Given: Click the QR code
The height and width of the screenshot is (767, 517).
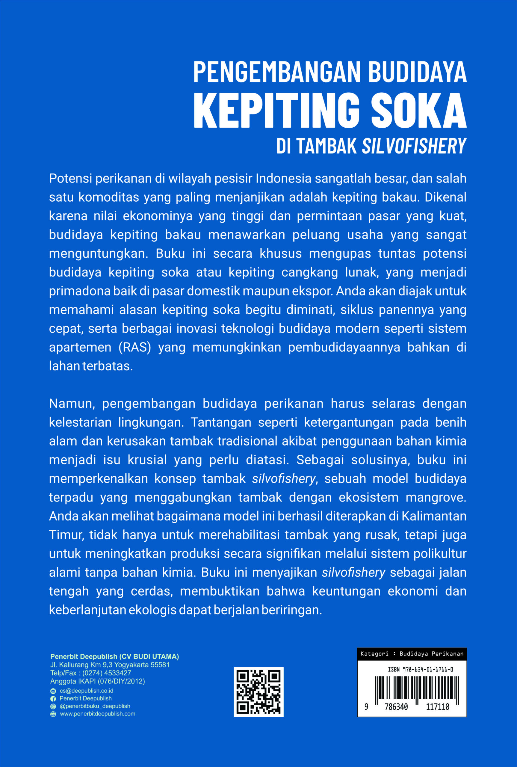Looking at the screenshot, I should pos(258,692).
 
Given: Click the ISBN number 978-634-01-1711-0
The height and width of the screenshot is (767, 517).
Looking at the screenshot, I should pos(420,669).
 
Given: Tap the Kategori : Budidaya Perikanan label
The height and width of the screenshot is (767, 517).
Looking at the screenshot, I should pos(412,653).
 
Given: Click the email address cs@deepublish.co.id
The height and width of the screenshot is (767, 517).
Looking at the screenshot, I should pos(86,691).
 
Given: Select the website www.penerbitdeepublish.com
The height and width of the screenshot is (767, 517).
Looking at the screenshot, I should pos(97,714).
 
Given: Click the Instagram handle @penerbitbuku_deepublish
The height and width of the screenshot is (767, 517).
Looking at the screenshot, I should pos(95,706).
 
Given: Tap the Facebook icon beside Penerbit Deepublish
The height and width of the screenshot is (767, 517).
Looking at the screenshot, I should pos(53,698).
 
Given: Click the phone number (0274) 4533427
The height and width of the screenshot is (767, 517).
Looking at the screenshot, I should pos(107,673).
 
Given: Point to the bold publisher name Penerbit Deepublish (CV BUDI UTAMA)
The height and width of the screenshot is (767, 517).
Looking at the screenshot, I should pos(114,656).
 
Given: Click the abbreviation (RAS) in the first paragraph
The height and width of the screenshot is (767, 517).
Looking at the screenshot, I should pos(134,347).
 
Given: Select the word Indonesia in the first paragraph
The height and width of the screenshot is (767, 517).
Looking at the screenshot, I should pos(283,178).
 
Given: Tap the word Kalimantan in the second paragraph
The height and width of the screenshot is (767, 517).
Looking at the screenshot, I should pos(434,516).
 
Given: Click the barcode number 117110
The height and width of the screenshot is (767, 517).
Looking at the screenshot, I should pos(438,707).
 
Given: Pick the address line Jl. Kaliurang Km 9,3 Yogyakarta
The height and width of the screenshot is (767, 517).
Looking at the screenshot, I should pos(109,665).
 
